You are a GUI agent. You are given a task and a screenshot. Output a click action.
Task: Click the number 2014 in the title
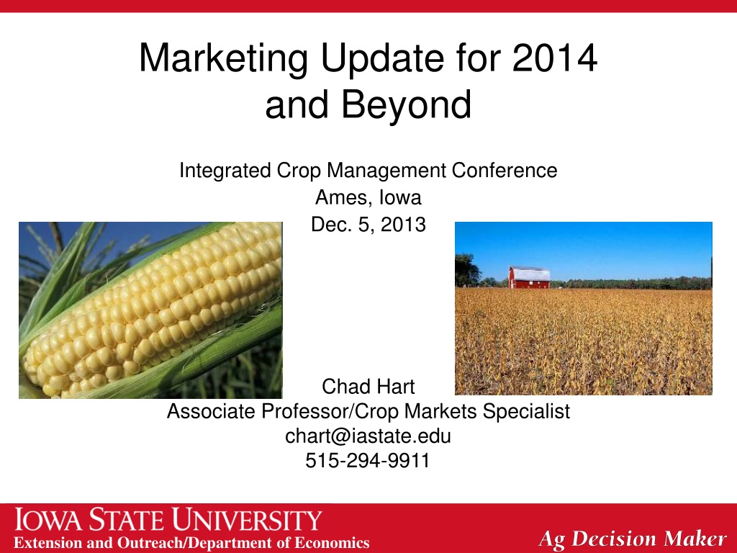pos(555,58)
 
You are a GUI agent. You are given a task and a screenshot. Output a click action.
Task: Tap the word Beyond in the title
pos(406,104)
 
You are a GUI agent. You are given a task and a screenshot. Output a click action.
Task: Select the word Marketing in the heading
pos(223,59)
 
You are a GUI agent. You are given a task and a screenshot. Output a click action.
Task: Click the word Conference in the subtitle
pos(505,170)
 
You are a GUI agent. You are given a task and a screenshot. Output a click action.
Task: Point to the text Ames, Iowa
pos(368,197)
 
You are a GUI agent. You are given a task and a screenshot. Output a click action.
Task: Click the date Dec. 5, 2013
pos(368,225)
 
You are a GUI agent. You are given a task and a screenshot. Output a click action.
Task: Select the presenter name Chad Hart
pos(368,387)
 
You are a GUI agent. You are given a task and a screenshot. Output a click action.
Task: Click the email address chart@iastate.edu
pos(368,436)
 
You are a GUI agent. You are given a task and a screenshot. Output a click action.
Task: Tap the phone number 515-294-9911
pos(368,460)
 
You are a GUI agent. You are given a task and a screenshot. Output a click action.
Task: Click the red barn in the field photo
pos(529,277)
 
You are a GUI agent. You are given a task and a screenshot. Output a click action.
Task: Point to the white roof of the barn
pos(530,273)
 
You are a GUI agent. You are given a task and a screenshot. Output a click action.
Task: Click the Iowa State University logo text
pos(168,520)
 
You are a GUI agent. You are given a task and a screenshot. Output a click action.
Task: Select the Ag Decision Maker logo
pos(633,539)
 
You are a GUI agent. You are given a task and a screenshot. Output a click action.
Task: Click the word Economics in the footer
pos(332,543)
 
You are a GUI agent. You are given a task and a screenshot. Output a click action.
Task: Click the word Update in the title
pos(382,59)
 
